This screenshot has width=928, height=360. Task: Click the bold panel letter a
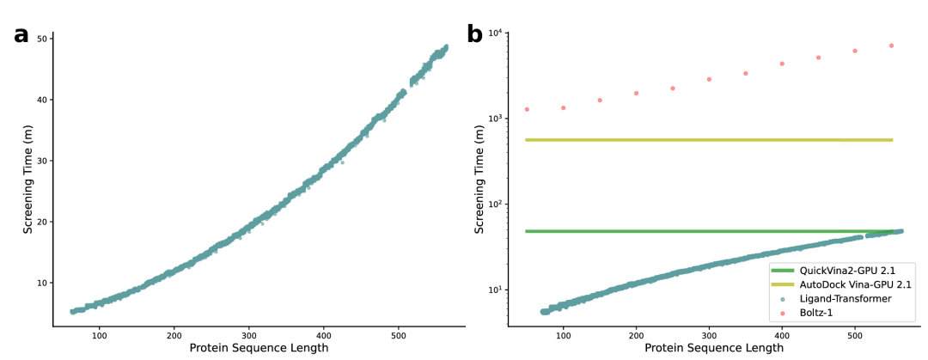(21, 35)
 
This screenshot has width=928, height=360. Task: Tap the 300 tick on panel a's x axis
(248, 335)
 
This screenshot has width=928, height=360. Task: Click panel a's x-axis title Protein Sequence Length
(259, 348)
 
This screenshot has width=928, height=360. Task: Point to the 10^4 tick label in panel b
(498, 34)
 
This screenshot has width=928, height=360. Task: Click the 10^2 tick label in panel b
(498, 204)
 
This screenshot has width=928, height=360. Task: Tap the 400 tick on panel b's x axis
(782, 335)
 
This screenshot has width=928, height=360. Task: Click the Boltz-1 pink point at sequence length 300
(709, 79)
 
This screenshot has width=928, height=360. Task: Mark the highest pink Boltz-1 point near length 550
(891, 46)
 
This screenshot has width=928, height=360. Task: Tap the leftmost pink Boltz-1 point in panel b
(527, 109)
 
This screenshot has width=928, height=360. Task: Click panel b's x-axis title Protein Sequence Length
(714, 348)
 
